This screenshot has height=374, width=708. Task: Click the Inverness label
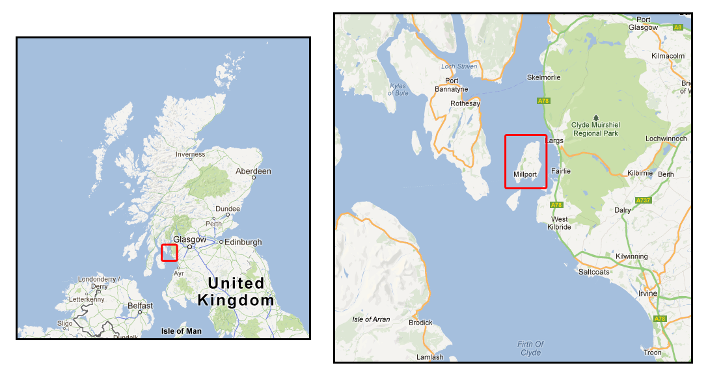[x=190, y=154]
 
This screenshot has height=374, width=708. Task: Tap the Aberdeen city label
[x=253, y=171]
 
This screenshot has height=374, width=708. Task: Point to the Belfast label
[x=140, y=306]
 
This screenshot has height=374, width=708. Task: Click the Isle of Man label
[x=182, y=331]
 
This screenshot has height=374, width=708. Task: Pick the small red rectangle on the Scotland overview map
[x=169, y=252]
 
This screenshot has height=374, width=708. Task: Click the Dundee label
[x=228, y=209]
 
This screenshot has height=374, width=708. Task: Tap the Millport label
[x=524, y=174]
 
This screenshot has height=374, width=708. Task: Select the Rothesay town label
[x=465, y=103]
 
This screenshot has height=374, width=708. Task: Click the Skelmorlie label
[x=543, y=77]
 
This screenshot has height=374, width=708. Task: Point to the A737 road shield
[x=643, y=200]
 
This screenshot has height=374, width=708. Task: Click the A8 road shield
[x=678, y=27]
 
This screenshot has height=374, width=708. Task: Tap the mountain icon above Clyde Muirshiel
[x=595, y=117]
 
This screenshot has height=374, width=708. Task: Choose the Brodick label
[x=420, y=323]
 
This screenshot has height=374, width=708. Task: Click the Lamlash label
[x=429, y=357]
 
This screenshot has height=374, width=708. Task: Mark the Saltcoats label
[x=594, y=272]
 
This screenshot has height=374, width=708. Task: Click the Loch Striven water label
[x=459, y=66]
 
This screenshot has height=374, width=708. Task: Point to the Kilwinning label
[x=632, y=256]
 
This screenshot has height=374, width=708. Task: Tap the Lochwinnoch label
[x=666, y=139]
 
